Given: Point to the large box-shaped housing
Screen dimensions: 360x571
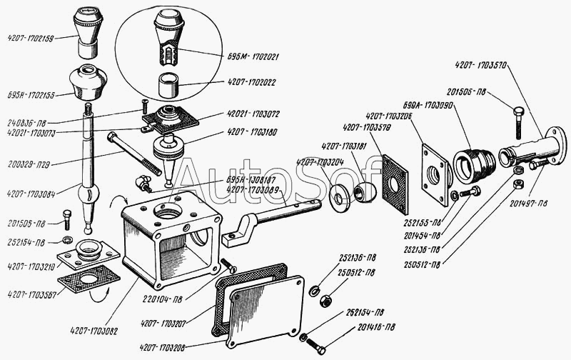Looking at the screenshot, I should click(171, 236).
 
